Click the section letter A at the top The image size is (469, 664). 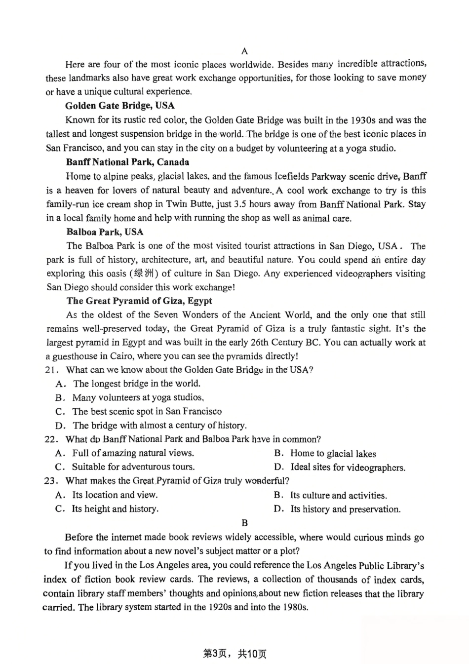[245, 51]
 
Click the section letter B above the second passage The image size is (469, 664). [244, 523]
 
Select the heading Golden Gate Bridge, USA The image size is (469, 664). [120, 106]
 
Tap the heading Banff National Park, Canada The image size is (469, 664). [127, 162]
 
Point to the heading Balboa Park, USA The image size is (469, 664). [105, 232]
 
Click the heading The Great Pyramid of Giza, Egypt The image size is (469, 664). [139, 301]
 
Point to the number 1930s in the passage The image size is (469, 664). [363, 120]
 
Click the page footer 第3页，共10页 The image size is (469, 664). [234, 654]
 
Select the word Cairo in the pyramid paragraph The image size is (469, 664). [120, 356]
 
